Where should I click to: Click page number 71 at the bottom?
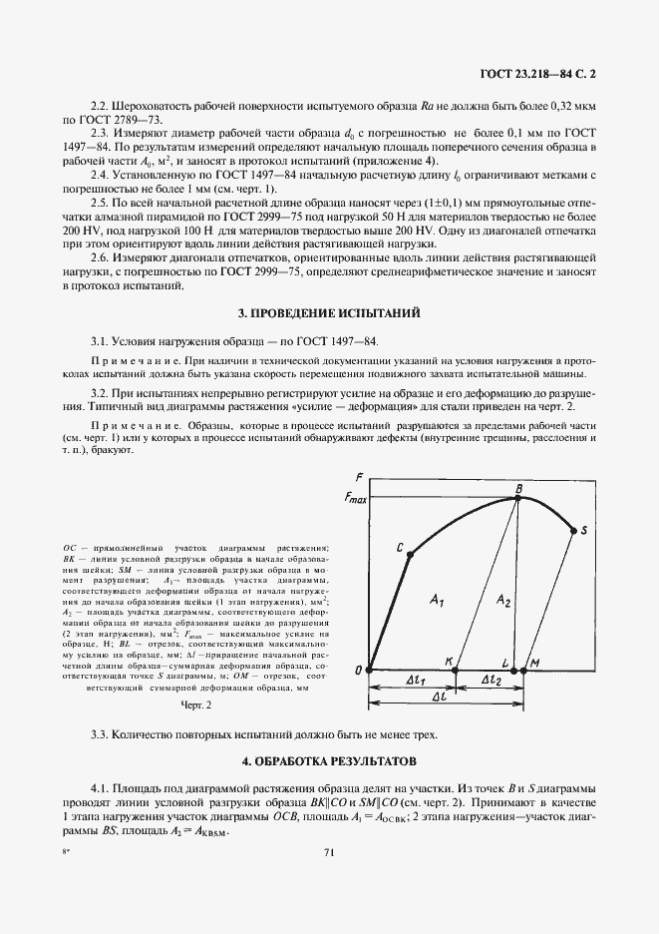point(328,851)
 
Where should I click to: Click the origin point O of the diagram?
point(370,670)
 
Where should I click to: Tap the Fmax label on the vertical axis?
point(355,496)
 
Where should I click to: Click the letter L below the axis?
point(506,662)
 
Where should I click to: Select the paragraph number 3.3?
point(101,734)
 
